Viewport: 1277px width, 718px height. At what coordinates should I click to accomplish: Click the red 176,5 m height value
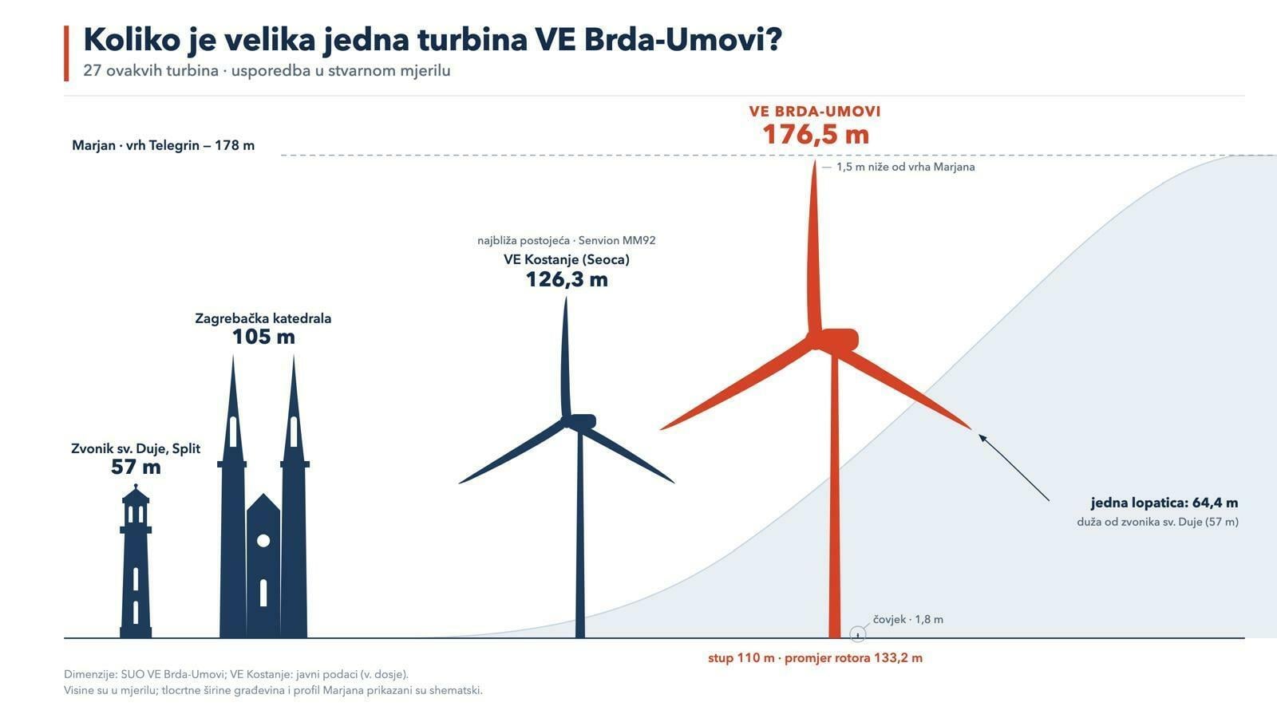816,135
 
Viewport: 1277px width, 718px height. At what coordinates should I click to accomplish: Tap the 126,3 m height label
567,280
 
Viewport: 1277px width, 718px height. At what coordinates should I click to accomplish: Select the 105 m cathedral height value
263,337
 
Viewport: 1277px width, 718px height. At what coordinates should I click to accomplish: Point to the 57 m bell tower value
136,467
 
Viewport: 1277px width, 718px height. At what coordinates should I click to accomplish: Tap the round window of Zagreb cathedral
263,540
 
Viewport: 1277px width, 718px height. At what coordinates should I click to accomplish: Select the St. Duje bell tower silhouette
136,561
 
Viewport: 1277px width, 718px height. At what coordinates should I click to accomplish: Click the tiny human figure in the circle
857,635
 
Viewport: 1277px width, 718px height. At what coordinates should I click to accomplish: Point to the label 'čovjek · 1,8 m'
908,619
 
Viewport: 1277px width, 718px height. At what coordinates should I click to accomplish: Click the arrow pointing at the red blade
1014,467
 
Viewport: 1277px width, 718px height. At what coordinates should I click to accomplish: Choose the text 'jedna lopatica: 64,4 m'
1164,503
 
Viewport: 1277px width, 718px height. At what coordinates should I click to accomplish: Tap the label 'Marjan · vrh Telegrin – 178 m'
163,145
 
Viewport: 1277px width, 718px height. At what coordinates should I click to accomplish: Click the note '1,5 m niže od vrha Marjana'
905,167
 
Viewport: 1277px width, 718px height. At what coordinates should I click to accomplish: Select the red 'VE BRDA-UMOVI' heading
815,111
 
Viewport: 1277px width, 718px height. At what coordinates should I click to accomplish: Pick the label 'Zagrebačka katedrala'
263,318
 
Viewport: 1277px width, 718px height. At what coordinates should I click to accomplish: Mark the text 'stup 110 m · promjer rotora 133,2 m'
815,658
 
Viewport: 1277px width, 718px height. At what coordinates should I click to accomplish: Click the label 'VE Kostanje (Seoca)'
567,260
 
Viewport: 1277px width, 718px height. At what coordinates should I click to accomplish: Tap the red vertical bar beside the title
66,53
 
